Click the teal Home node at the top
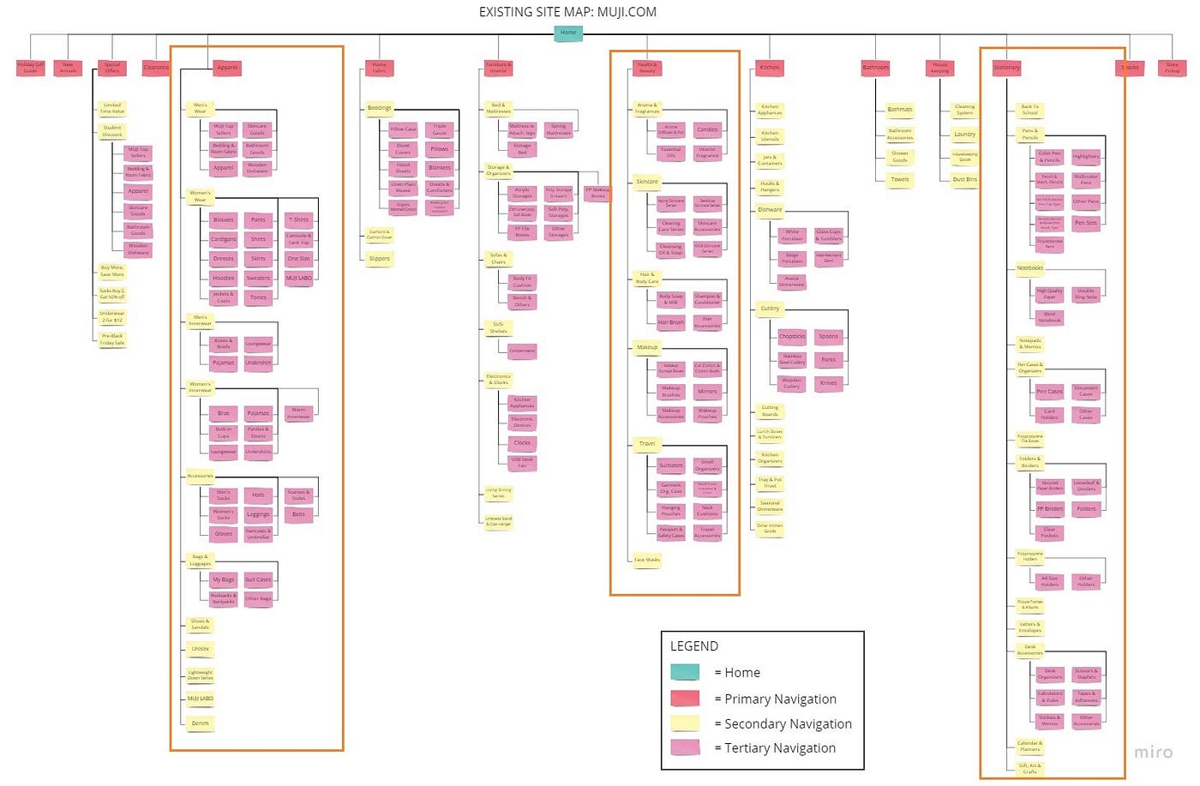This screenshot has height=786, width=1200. coord(568,33)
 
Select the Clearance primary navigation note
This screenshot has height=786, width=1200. coord(156,67)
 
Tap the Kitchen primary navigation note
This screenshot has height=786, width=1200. coord(770,67)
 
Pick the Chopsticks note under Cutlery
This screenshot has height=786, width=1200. coord(792,336)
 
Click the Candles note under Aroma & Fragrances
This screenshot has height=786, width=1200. coord(707,129)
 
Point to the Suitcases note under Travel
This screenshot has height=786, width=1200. coord(671,465)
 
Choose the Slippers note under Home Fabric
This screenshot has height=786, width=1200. coord(380,258)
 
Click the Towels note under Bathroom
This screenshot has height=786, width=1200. coord(900,179)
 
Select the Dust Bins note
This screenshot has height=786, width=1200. coord(965,179)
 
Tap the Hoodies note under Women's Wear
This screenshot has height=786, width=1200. coord(224,278)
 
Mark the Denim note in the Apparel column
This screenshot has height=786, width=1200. coord(201,723)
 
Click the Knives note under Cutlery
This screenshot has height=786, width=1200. coord(829,383)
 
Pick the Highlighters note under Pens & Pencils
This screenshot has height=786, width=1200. coord(1086,156)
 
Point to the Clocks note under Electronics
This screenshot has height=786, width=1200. coord(522,442)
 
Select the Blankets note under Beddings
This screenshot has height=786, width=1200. coord(440,168)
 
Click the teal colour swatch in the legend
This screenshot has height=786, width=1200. coord(685,673)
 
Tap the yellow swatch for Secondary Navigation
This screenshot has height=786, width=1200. coord(685,723)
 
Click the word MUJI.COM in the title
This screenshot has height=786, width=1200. coord(627,12)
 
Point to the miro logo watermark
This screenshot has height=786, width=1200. coord(1153,752)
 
